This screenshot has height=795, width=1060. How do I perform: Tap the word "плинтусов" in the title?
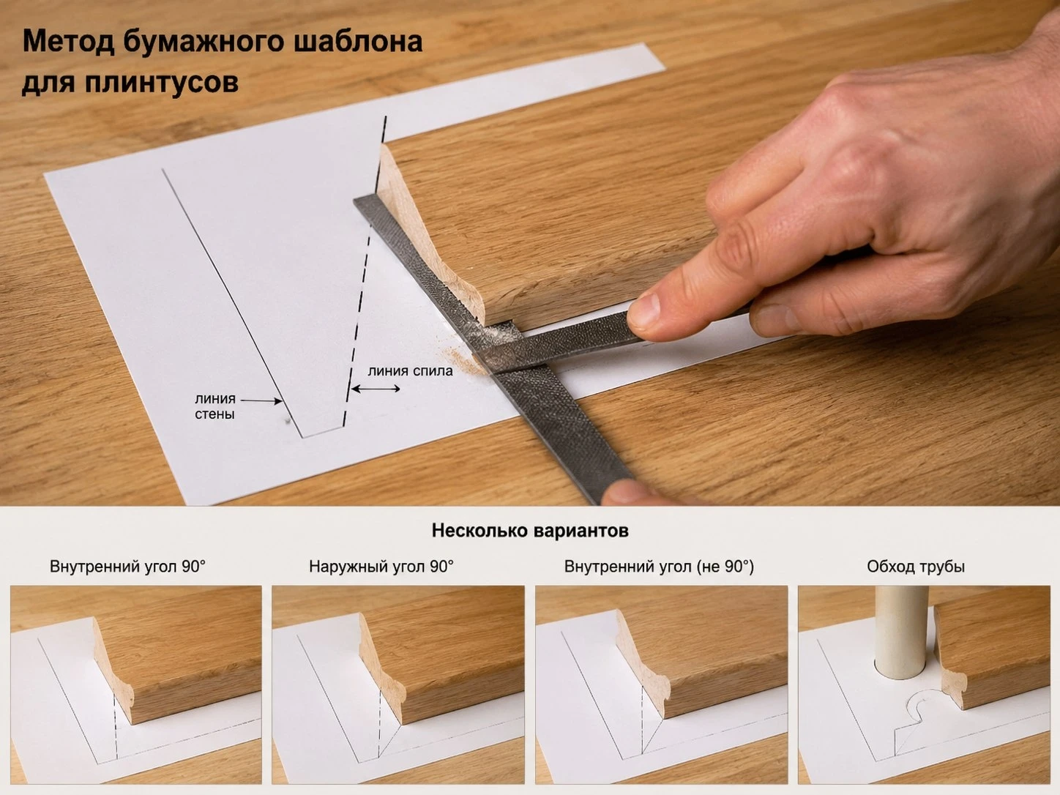tap(161, 83)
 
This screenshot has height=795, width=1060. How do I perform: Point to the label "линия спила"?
tap(410, 371)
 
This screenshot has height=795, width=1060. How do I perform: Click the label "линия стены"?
tap(215, 406)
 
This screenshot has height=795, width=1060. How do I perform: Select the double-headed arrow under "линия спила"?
tap(376, 389)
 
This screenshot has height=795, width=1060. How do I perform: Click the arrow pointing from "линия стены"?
tap(261, 400)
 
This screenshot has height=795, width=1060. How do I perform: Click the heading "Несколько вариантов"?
tap(530, 531)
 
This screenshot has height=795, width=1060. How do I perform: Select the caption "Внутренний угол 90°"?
tap(127, 566)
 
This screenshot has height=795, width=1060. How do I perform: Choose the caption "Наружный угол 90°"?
tap(381, 566)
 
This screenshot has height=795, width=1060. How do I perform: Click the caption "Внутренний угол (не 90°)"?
tap(659, 566)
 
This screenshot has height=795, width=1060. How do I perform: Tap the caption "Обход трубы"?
tap(916, 566)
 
